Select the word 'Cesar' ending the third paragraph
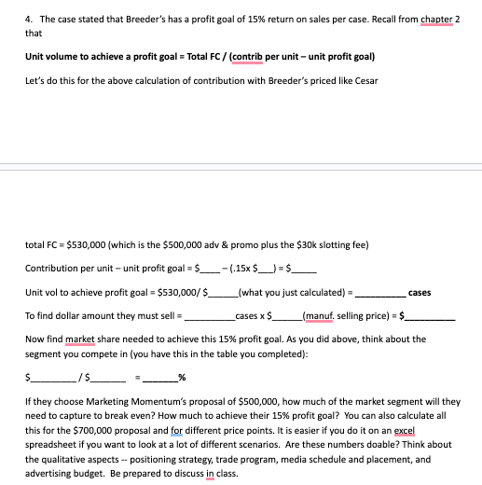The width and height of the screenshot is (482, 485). (x=365, y=80)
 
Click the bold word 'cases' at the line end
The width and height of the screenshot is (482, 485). (x=420, y=292)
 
